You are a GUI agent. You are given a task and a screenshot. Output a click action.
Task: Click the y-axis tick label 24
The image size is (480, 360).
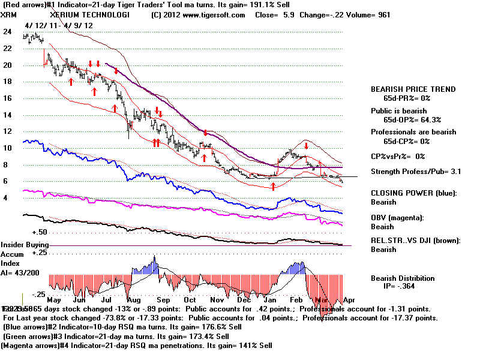[8, 34]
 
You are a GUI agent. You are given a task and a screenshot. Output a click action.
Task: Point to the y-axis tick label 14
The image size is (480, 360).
[8, 115]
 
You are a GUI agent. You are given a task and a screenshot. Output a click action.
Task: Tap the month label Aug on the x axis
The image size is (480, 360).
[135, 299]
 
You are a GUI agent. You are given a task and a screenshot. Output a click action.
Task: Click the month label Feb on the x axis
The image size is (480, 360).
[296, 299]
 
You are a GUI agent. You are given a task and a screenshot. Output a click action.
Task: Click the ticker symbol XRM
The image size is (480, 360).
[10, 14]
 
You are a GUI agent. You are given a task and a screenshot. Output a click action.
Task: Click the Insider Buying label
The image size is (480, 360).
[25, 245]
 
